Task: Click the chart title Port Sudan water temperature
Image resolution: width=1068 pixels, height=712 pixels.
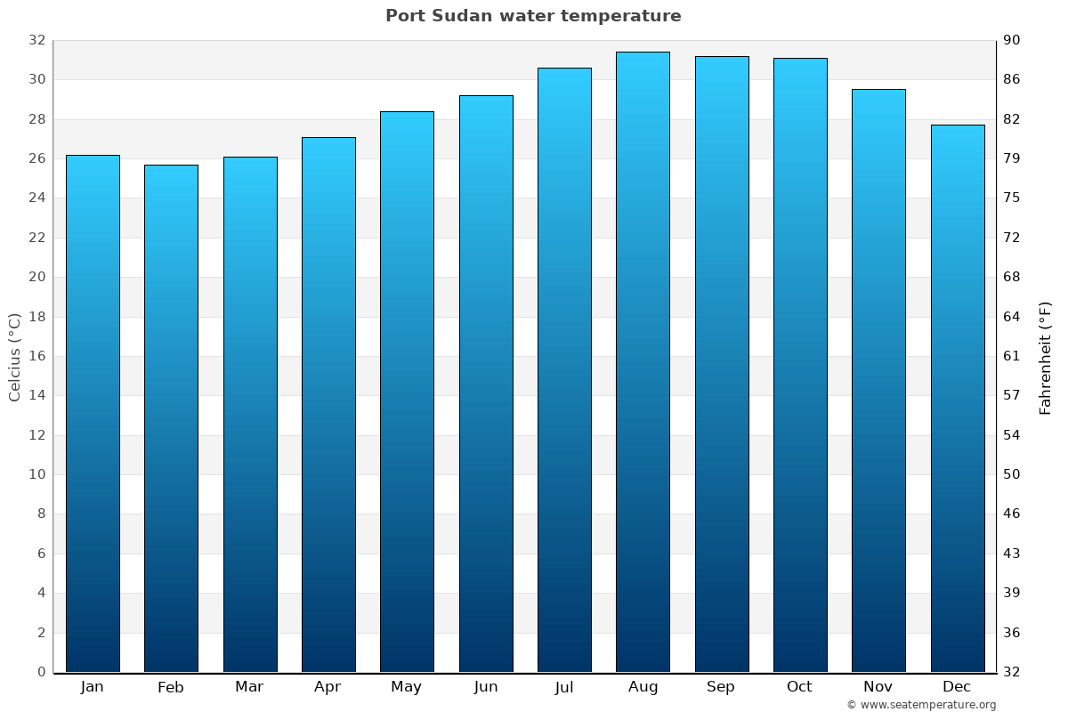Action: pyautogui.click(x=533, y=16)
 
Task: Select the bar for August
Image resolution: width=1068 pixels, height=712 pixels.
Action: pyautogui.click(x=643, y=362)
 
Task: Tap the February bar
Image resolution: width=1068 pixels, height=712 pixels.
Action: pyautogui.click(x=171, y=418)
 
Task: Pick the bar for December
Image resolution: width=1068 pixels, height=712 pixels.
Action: pyautogui.click(x=958, y=398)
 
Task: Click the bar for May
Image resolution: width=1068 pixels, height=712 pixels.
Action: pyautogui.click(x=407, y=392)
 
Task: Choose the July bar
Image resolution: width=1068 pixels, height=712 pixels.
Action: pyautogui.click(x=564, y=369)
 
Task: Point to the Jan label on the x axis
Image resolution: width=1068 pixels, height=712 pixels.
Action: pyautogui.click(x=92, y=687)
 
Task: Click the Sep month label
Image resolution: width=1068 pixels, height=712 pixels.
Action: pyautogui.click(x=721, y=687)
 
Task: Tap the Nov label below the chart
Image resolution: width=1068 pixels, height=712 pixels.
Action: pyautogui.click(x=878, y=687)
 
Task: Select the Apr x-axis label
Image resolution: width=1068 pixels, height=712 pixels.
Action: pyautogui.click(x=328, y=687)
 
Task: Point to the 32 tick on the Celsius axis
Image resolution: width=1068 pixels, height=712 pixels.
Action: pyautogui.click(x=36, y=40)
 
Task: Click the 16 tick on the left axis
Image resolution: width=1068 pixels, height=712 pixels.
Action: pyautogui.click(x=36, y=356)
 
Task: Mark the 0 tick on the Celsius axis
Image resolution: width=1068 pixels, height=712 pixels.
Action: pyautogui.click(x=41, y=672)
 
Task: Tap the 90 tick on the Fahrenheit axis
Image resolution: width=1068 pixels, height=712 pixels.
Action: pyautogui.click(x=1012, y=40)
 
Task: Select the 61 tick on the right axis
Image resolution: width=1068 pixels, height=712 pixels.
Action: pyautogui.click(x=1012, y=356)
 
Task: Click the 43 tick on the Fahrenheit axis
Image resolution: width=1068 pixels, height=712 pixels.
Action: pyautogui.click(x=1012, y=554)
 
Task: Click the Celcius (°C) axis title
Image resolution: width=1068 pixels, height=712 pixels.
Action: pyautogui.click(x=15, y=356)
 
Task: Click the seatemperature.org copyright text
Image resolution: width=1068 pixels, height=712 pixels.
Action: pyautogui.click(x=920, y=705)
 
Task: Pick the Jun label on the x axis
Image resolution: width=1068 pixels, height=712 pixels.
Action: pyautogui.click(x=485, y=687)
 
